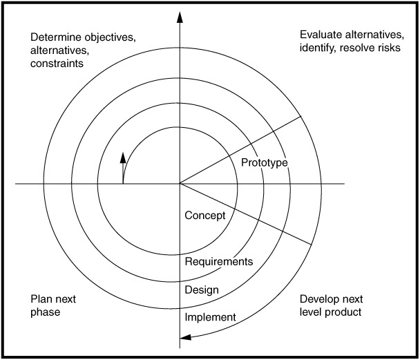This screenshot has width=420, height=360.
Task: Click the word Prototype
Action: [x=265, y=162]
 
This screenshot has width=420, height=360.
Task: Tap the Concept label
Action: [x=205, y=216]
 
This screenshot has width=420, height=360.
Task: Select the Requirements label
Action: [x=219, y=262]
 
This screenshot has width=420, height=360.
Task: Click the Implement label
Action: [x=211, y=317]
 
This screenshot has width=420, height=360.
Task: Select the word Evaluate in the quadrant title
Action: [x=320, y=35]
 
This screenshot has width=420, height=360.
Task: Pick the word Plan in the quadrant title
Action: [x=40, y=299]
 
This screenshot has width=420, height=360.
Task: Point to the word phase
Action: [x=45, y=312]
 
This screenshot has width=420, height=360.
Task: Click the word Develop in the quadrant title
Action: [x=321, y=299]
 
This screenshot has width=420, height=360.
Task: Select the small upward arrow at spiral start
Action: [x=123, y=158]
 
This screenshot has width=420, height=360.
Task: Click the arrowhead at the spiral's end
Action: [x=184, y=338]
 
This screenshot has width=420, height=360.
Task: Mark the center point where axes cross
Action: [x=180, y=184]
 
